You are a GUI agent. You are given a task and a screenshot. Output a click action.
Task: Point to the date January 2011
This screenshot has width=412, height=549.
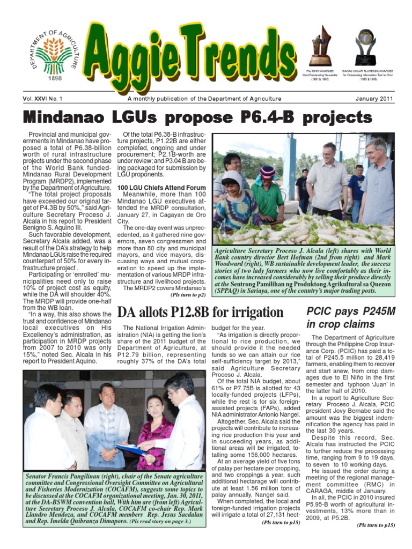coord(374,99)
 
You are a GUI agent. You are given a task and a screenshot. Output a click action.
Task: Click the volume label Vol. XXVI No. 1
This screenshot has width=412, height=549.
coord(43,99)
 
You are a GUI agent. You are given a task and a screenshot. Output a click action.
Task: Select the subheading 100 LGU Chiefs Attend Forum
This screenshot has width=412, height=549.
coord(162,187)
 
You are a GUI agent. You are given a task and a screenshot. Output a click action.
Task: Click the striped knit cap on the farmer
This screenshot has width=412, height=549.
coord(267,172)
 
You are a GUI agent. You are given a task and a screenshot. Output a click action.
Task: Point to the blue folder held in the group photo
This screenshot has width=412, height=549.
coord(130,449)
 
